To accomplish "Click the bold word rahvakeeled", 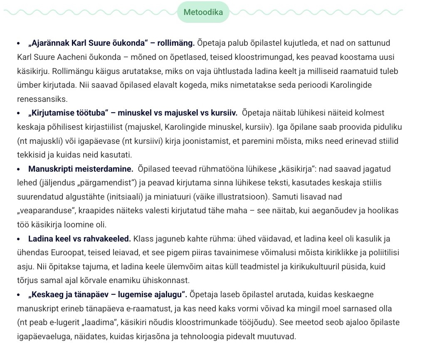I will coord(109,239).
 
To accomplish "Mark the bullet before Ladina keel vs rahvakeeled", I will coord(19,239).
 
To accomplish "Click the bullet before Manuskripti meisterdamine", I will coord(19,169).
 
